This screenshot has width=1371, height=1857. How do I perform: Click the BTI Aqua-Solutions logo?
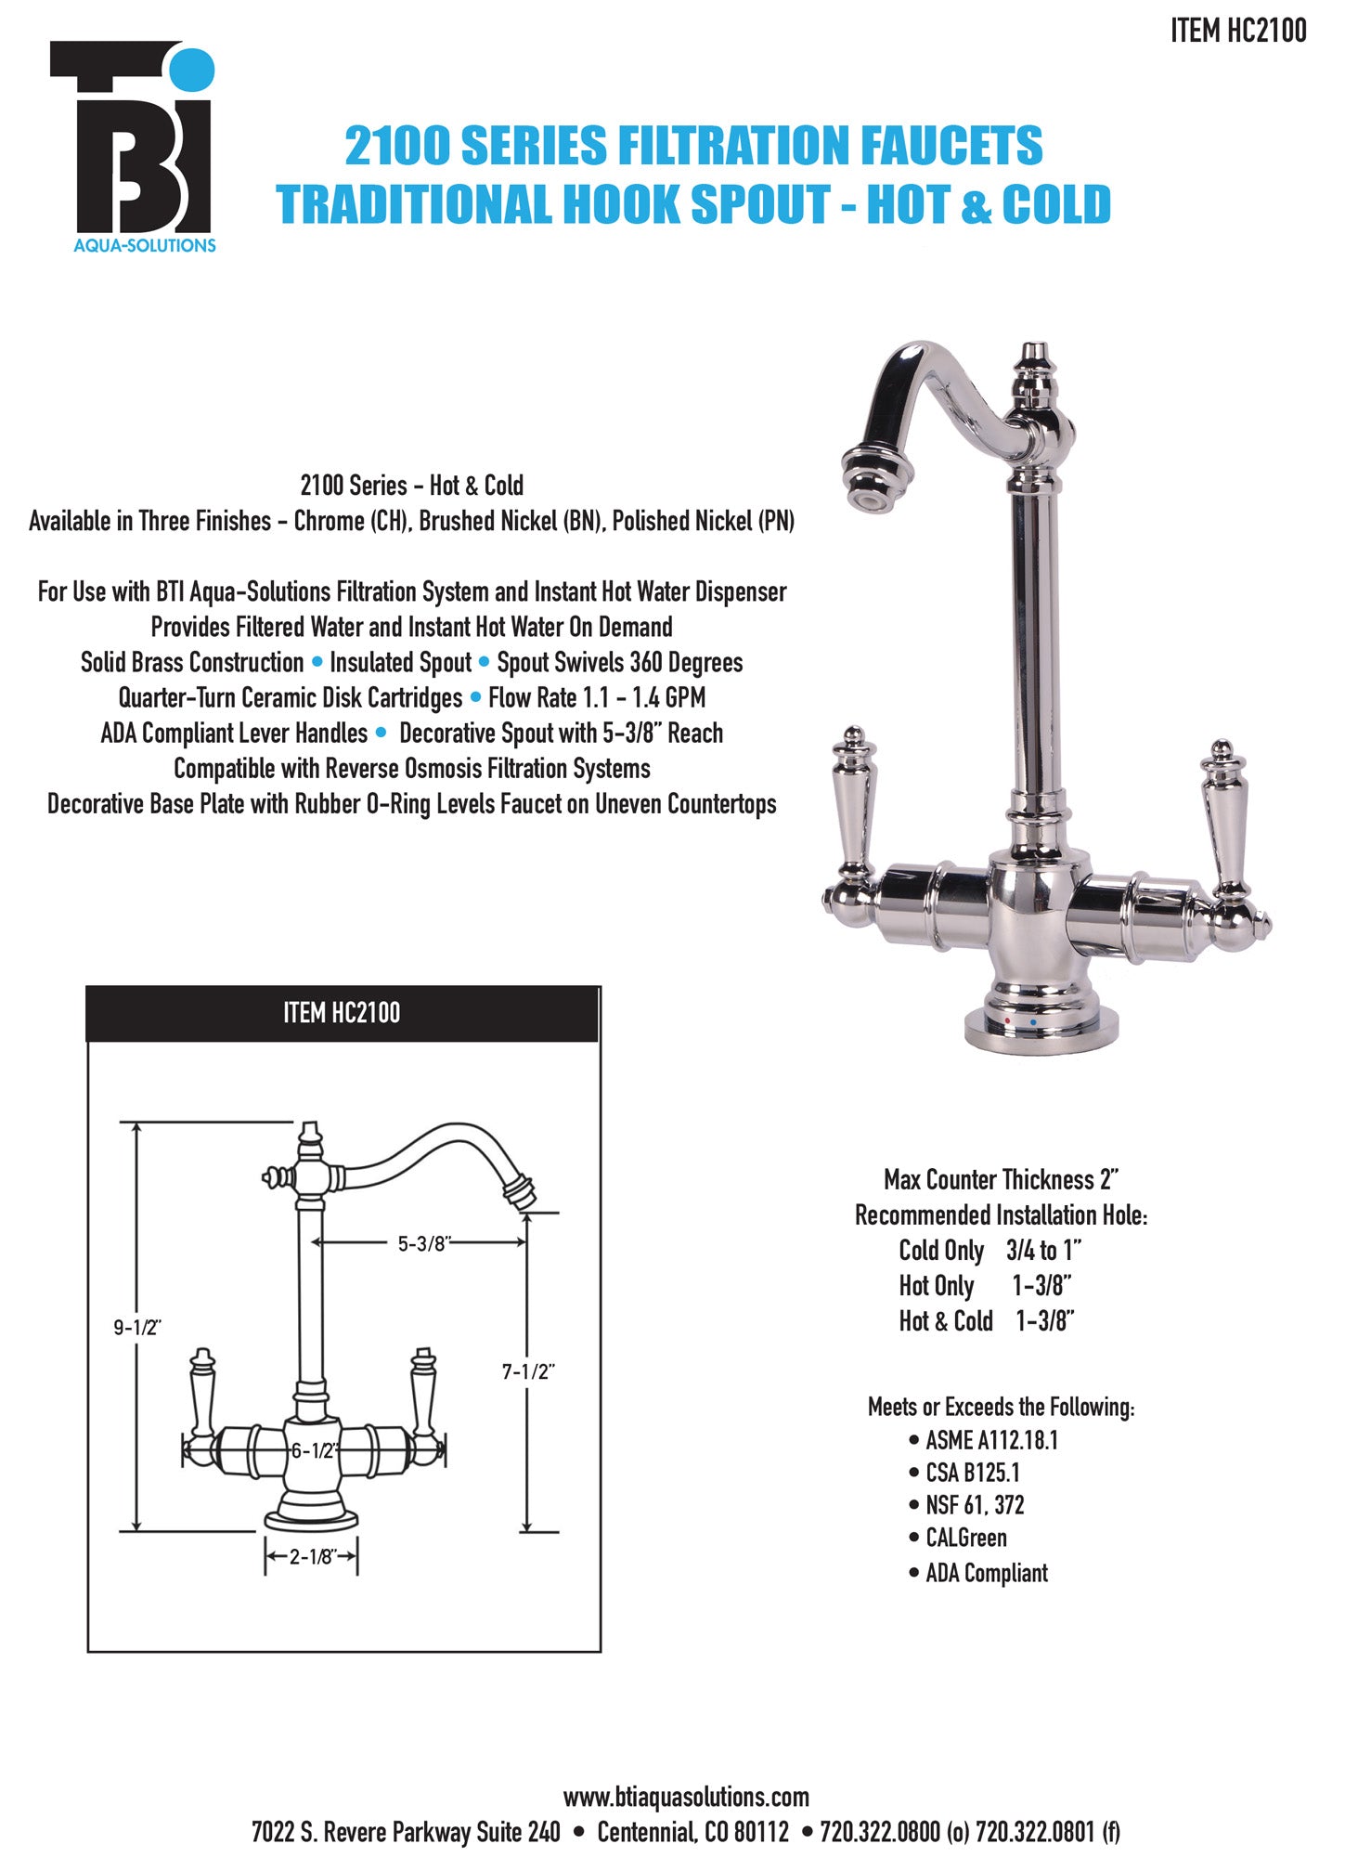(133, 147)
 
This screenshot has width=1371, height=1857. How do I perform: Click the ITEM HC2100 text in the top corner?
(1238, 31)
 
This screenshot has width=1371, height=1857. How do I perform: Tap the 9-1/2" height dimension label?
(137, 1328)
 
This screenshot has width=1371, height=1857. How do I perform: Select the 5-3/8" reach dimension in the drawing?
(423, 1243)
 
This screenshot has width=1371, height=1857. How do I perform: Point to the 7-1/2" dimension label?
(528, 1371)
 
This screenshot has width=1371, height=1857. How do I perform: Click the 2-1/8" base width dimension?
(312, 1556)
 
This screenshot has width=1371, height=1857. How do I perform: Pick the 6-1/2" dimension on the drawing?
(314, 1450)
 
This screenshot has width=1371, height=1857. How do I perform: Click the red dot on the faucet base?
(1008, 1021)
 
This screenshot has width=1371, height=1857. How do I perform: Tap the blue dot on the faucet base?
(1033, 1023)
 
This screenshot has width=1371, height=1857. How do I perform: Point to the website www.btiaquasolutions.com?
(686, 1797)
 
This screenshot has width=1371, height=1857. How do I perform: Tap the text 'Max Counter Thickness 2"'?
(1002, 1179)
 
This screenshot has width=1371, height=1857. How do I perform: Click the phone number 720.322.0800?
(880, 1832)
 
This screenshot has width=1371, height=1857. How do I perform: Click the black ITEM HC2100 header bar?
(343, 1013)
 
